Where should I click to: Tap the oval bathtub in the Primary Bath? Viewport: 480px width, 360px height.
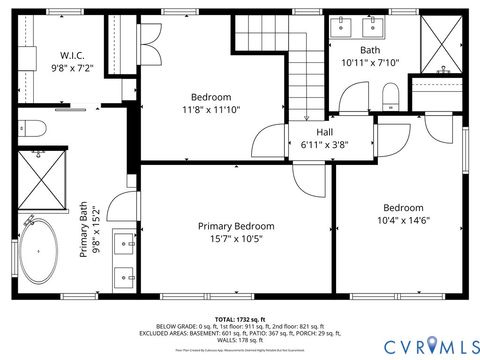pos(41,249)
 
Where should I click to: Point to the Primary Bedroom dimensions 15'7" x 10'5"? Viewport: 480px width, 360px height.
pos(236,239)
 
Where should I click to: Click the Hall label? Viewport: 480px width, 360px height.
pos(325,132)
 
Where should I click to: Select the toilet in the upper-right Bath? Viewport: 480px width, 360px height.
pos(390,96)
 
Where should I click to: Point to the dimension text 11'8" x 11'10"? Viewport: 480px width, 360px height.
pos(211,109)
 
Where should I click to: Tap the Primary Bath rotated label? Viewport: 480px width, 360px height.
pos(88,231)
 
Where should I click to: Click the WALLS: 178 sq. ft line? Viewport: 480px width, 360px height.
pos(240,340)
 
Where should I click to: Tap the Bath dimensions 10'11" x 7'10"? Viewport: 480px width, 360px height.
pos(370,62)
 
